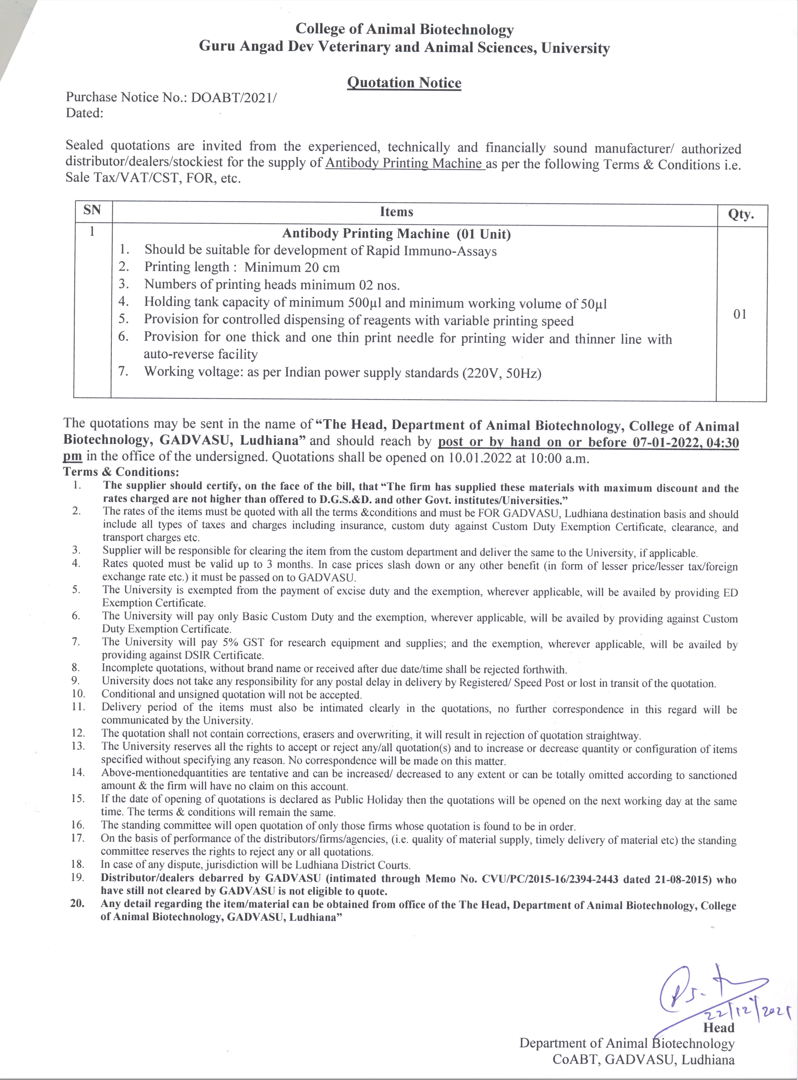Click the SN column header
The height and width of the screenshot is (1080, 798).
click(92, 210)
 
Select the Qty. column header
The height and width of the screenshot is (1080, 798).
click(741, 214)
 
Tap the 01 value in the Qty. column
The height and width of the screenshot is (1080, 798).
click(740, 314)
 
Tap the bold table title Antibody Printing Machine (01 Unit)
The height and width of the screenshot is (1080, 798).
click(396, 234)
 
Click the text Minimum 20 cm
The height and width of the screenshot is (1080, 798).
click(292, 267)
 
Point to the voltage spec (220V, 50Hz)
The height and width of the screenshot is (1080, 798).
click(501, 373)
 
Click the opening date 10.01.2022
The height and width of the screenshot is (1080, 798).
click(480, 458)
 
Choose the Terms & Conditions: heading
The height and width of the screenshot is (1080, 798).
click(121, 472)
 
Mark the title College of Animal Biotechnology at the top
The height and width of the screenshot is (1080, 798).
click(404, 29)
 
